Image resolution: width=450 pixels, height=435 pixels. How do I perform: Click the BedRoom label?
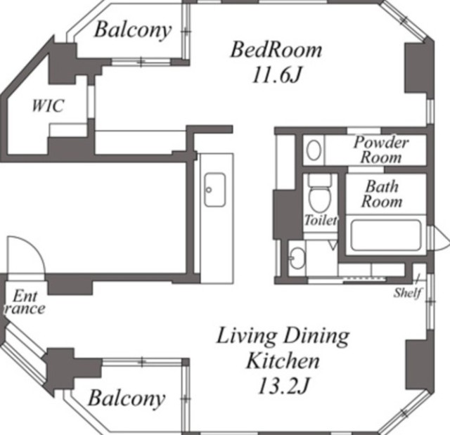[276, 50]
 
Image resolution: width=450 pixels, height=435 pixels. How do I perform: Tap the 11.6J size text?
[276, 76]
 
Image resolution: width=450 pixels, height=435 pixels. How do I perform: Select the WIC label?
[48, 105]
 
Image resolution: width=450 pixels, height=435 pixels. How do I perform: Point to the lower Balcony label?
[127, 398]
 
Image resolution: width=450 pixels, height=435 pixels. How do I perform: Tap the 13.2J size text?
[283, 386]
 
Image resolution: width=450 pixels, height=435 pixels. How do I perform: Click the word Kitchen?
[283, 361]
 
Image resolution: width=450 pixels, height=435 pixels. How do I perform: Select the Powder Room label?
[381, 150]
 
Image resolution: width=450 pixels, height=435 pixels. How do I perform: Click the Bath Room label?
[382, 194]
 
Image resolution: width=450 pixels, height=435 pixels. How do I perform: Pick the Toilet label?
[321, 220]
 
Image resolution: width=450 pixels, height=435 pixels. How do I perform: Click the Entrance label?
[25, 302]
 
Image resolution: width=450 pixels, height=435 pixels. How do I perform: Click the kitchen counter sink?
[214, 190]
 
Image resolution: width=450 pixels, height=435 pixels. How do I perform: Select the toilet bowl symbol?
[320, 193]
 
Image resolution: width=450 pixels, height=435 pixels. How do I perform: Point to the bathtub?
[386, 235]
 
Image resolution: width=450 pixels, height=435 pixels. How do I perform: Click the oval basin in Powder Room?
[314, 150]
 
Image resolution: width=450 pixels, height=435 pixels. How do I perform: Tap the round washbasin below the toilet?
[297, 258]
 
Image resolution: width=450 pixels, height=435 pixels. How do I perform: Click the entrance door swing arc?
[34, 247]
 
